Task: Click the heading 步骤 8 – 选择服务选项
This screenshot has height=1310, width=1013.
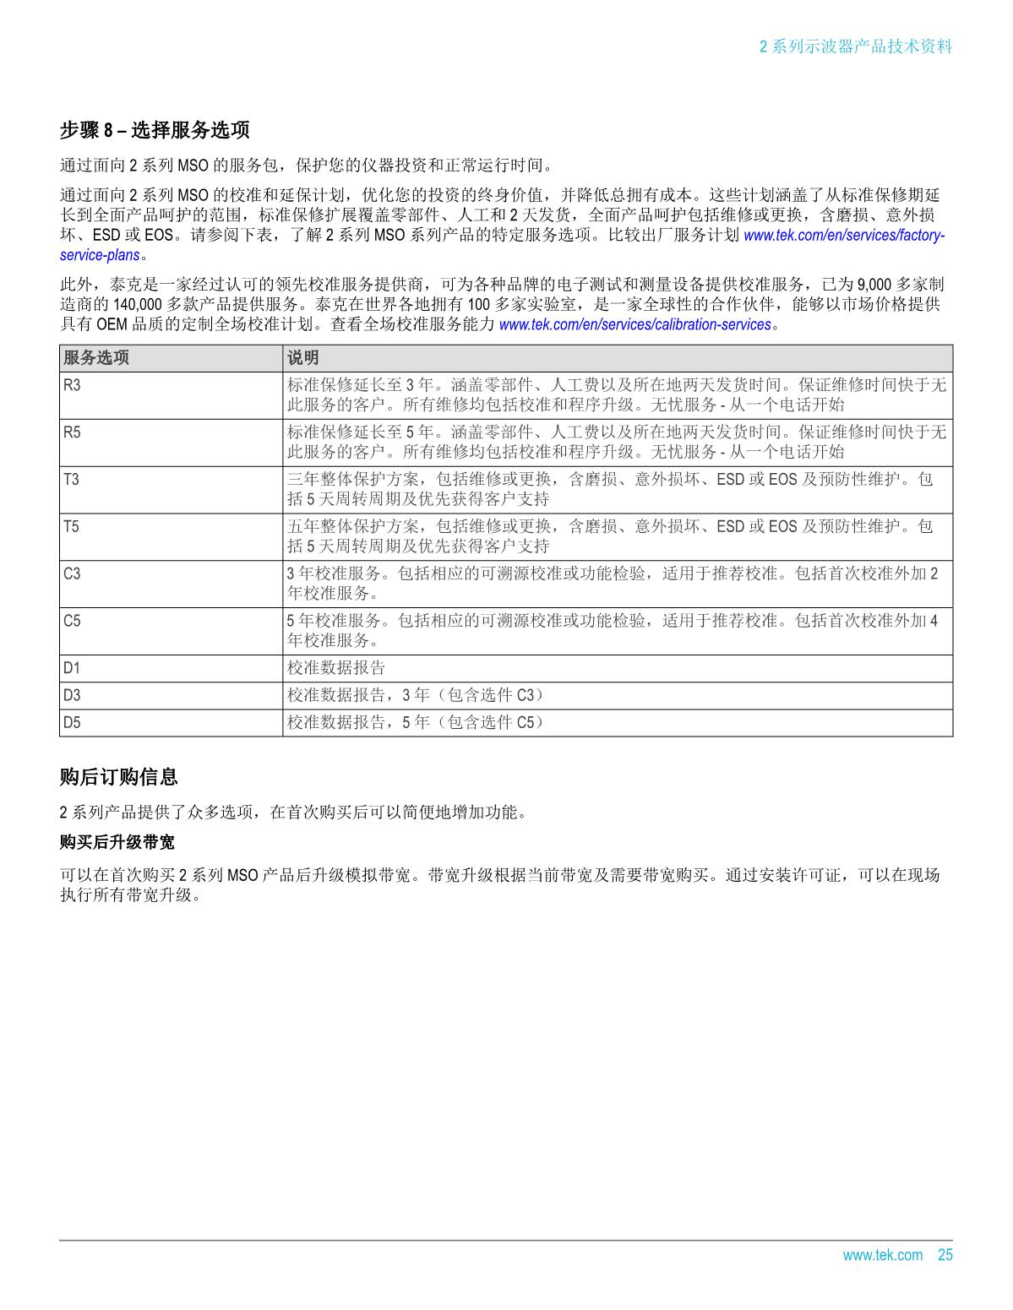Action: click(155, 130)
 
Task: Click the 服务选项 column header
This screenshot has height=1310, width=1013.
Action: click(96, 358)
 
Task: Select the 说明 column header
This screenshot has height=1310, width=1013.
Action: click(303, 358)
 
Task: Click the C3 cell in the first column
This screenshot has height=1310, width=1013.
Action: click(72, 574)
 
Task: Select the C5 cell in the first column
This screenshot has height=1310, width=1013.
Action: click(72, 622)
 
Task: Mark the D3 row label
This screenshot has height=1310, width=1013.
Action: click(72, 695)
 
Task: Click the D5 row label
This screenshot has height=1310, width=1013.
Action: click(72, 722)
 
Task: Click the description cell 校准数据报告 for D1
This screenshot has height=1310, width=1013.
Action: click(336, 668)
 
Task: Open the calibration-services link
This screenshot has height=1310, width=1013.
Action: click(635, 324)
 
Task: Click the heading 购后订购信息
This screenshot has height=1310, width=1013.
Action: click(118, 776)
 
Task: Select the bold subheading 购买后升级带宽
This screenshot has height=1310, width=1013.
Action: click(117, 843)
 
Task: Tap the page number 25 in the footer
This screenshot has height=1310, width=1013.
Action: click(945, 1255)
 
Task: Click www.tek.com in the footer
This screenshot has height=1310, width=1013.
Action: click(883, 1255)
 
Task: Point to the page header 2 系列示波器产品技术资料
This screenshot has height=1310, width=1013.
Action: click(856, 46)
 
